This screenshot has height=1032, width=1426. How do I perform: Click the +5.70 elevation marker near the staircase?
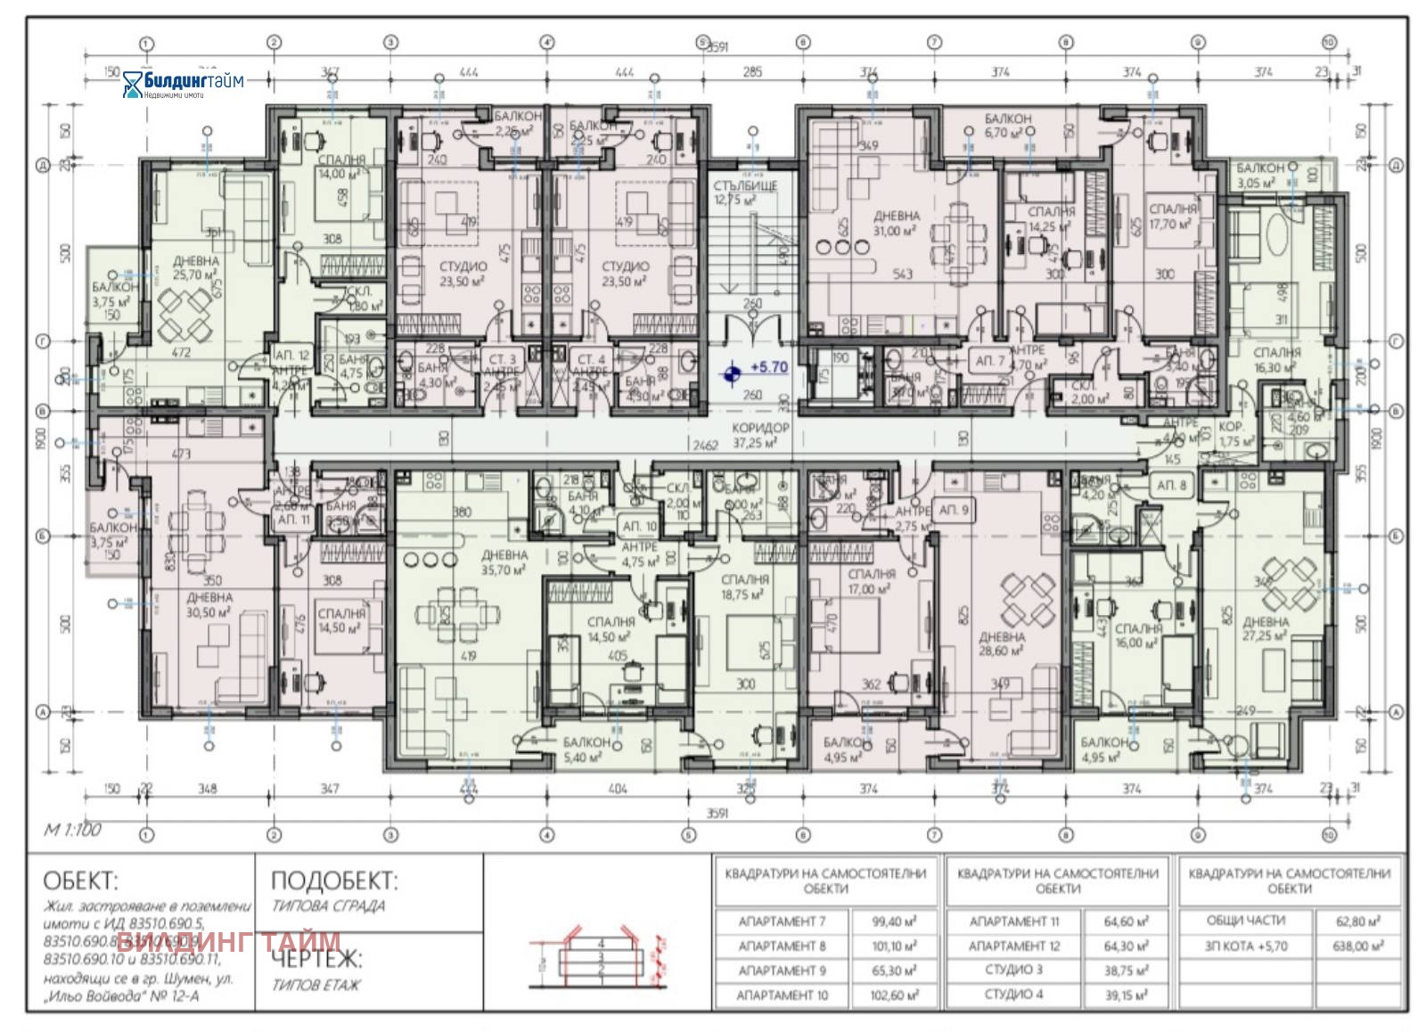pyautogui.click(x=768, y=367)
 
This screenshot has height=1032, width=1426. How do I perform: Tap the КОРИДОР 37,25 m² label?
pyautogui.click(x=760, y=435)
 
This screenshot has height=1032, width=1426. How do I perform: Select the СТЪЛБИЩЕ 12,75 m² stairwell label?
pyautogui.click(x=745, y=192)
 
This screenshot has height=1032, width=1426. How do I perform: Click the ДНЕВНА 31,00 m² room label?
pyautogui.click(x=896, y=223)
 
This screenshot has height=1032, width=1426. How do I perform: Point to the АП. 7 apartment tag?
pyautogui.click(x=989, y=361)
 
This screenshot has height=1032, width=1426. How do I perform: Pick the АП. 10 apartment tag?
pyautogui.click(x=639, y=527)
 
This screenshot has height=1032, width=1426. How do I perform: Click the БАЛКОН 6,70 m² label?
pyautogui.click(x=1008, y=125)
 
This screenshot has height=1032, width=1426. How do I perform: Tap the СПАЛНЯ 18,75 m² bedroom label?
pyautogui.click(x=745, y=586)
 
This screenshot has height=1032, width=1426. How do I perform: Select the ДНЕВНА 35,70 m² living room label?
pyautogui.click(x=504, y=562)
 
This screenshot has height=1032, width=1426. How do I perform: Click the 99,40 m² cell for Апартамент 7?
pyautogui.click(x=893, y=921)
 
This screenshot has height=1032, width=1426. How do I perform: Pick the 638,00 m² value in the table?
pyautogui.click(x=1357, y=946)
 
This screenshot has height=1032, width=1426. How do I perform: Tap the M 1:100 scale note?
pyautogui.click(x=73, y=830)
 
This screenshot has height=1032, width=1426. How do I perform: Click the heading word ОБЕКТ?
pyautogui.click(x=80, y=880)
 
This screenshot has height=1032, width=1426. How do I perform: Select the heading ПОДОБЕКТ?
pyautogui.click(x=333, y=880)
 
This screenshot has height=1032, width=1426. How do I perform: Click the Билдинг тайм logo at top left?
pyautogui.click(x=183, y=83)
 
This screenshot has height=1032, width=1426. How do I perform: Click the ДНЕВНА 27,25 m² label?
pyautogui.click(x=1266, y=628)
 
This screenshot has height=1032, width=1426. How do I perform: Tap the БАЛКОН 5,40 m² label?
pyautogui.click(x=586, y=749)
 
